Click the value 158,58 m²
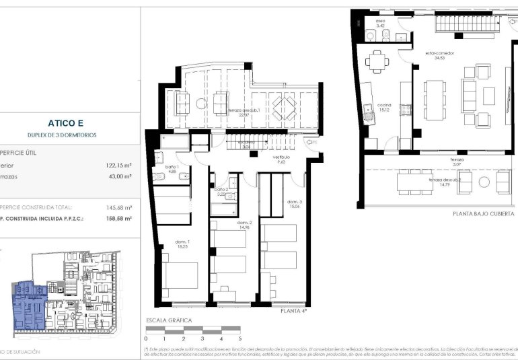pyautogui.click(x=118, y=219)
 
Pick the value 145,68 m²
pyautogui.click(x=118, y=208)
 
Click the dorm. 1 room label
pyautogui.click(x=182, y=245)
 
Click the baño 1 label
pyautogui.click(x=172, y=169)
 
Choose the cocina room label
pyautogui.click(x=383, y=108)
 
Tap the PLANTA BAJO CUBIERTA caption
pyautogui.click(x=483, y=213)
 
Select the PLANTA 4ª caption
pyautogui.click(x=293, y=312)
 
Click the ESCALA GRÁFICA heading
pyautogui.click(x=169, y=320)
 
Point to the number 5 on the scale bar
pyautogui.click(x=240, y=338)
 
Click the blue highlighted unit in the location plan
pyautogui.click(x=28, y=306)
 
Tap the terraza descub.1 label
pyautogui.click(x=244, y=112)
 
